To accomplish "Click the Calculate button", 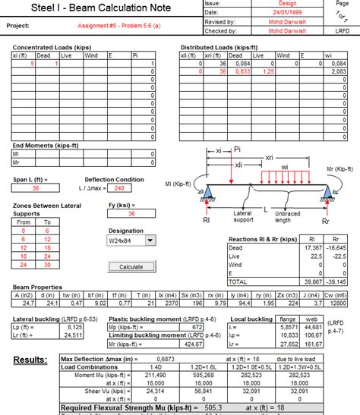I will coord(131,267).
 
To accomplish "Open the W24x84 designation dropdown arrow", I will coord(150,241).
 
